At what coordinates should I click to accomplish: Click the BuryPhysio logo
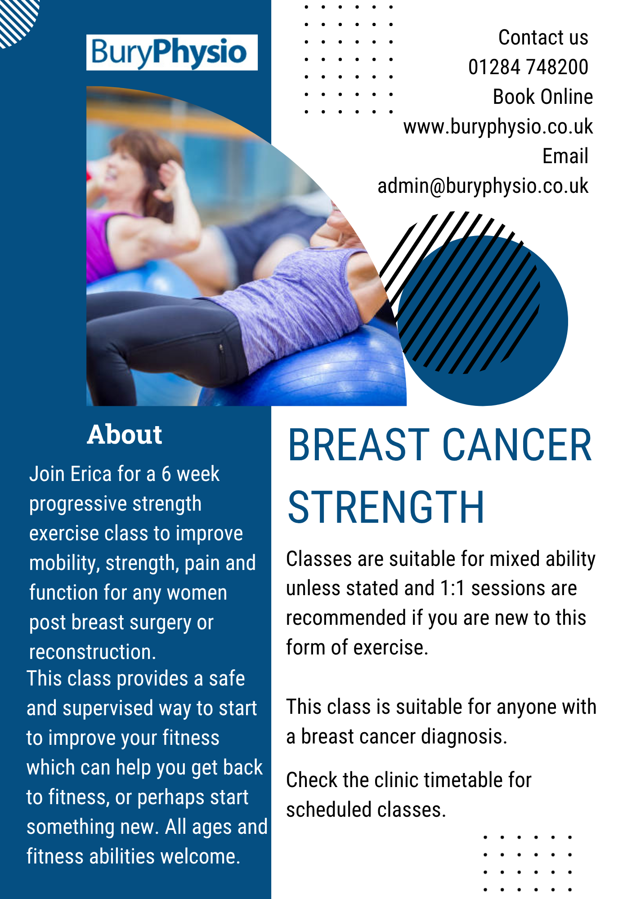pos(172,53)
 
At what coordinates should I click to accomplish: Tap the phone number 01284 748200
pos(528,67)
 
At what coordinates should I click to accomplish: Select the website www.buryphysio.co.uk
pos(498,127)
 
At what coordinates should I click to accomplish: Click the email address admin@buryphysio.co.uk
pos(483,186)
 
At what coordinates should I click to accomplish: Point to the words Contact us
pos(543,37)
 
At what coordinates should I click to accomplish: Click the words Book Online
pos(543,97)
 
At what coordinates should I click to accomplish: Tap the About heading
pos(125,434)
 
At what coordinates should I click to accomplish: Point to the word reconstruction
pos(92,652)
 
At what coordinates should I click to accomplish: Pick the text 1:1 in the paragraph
pos(452,588)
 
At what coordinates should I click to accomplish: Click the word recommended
pos(346,618)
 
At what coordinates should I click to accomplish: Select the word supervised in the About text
pos(108,708)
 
